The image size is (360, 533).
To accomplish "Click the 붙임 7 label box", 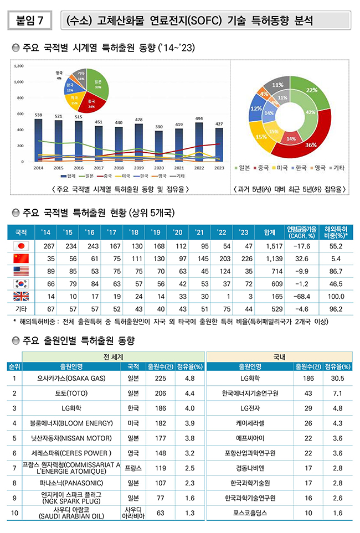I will (x=30, y=22).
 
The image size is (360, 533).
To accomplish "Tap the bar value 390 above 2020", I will (x=159, y=127).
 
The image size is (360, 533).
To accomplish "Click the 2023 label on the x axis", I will (x=219, y=167).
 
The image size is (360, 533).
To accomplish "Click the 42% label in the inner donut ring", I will (x=311, y=112).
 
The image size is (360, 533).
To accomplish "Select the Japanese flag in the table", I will (x=20, y=246).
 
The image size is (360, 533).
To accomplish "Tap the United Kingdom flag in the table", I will (x=20, y=296).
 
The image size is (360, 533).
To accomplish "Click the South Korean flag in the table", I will (x=20, y=283).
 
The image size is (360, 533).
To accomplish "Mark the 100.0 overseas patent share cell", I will (x=335, y=296).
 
